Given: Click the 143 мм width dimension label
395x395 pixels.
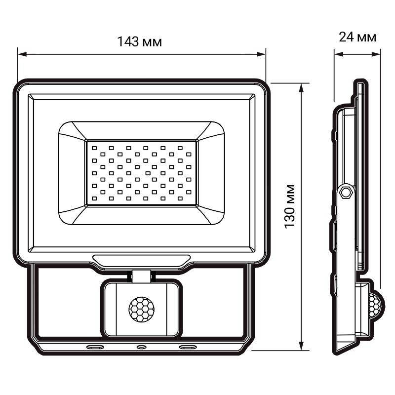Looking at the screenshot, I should [x=140, y=41].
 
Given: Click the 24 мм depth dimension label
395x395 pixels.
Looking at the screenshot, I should [x=357, y=37].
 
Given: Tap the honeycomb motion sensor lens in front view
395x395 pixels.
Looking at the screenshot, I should [x=141, y=309].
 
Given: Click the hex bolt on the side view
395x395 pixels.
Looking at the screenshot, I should [x=346, y=191].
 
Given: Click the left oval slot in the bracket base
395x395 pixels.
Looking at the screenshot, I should [x=95, y=347].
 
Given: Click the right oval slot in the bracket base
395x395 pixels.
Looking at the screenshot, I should [x=188, y=347].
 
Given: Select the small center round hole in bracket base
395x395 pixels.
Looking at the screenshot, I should [x=141, y=347].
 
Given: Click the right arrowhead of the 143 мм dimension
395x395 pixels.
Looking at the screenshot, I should [x=263, y=54].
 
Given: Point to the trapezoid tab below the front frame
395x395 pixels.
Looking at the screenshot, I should [x=141, y=259].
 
